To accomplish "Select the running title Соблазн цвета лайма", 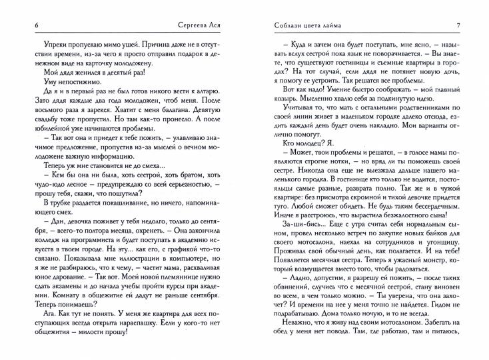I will click(308, 25).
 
